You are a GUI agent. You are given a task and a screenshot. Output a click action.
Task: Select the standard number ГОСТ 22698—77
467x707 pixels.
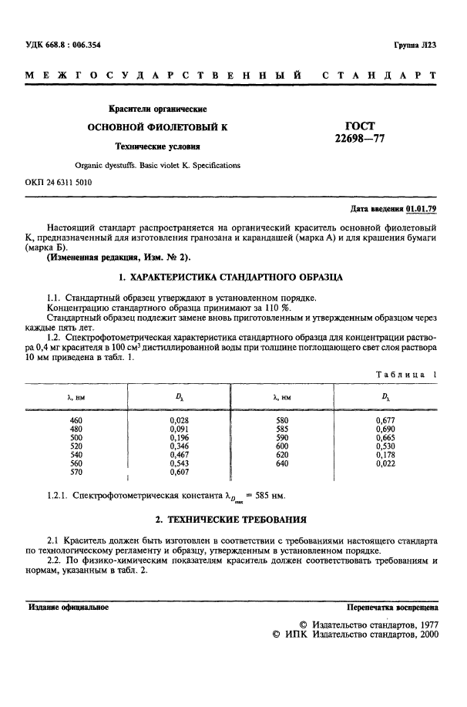pos(359,132)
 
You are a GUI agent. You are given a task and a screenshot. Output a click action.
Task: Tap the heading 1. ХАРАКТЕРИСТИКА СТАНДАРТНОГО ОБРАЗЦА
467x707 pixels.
pos(233,275)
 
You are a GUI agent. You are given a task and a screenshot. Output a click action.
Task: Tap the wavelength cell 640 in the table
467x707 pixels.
pos(281,463)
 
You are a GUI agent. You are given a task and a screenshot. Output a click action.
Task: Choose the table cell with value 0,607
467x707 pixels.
pos(179,473)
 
